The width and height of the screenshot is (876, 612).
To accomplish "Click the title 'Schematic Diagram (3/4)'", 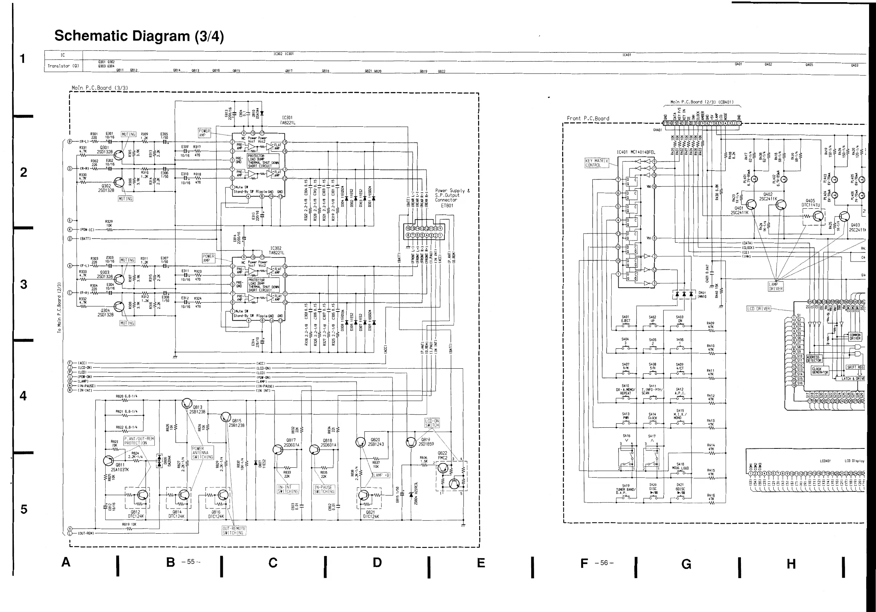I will (139, 36).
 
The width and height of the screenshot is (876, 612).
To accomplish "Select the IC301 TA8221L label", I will (288, 120).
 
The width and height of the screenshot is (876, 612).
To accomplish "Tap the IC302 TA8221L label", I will (276, 251).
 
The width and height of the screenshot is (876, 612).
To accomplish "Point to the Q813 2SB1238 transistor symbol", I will (187, 403).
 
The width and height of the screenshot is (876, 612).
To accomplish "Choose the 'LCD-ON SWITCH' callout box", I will (432, 423).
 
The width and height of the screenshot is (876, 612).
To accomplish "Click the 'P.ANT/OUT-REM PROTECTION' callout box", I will (139, 440).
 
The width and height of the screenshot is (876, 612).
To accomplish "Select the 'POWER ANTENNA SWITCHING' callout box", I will (202, 452).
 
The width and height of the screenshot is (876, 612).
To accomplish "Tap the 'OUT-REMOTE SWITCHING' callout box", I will (234, 531).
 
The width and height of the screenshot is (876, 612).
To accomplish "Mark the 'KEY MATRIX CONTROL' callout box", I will (596, 163).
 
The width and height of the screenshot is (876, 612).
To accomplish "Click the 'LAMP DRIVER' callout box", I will (776, 286).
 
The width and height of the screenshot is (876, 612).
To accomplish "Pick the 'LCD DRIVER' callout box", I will (758, 309).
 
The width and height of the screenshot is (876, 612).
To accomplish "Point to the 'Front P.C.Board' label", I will (588, 118).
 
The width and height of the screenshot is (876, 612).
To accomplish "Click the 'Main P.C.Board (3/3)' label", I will (100, 88).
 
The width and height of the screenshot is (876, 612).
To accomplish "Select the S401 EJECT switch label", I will (626, 319).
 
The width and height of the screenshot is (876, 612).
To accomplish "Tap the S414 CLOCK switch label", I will (652, 416).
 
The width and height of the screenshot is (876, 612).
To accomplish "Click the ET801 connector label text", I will (447, 205).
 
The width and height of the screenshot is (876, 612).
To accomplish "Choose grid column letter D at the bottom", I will (377, 562).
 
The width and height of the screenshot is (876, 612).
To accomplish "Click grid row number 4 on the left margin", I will (23, 396).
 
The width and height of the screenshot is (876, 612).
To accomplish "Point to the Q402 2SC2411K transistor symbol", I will (781, 205).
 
